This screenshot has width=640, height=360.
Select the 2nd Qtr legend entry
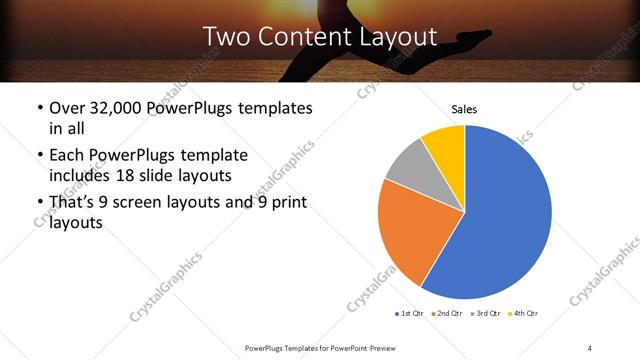coord(448,314)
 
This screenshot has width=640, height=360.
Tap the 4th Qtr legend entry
coord(523,314)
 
